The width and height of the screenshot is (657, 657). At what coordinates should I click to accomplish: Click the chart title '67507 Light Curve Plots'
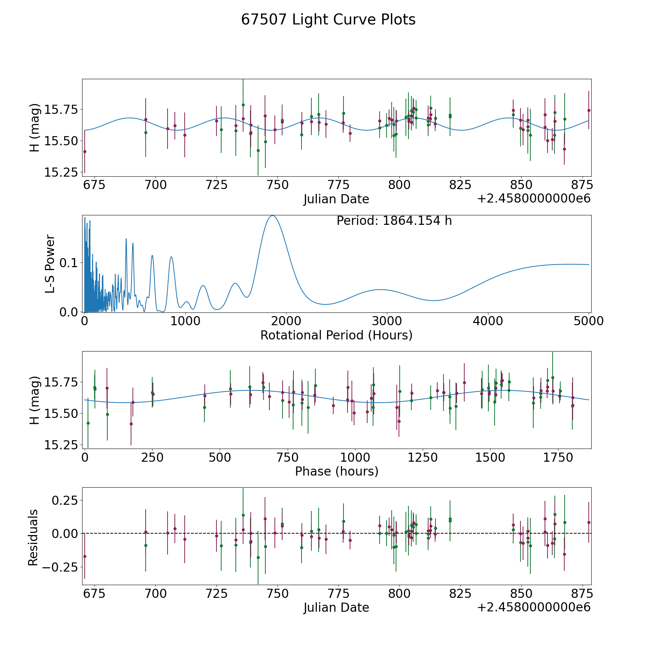pos(328,20)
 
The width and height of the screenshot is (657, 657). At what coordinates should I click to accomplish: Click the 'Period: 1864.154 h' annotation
pos(394,221)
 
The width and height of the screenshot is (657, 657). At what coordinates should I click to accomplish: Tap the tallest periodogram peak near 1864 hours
pos(272,216)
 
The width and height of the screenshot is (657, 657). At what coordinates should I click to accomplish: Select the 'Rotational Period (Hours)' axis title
pos(336,335)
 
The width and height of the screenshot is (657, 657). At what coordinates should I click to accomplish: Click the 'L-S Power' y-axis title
pos(50,264)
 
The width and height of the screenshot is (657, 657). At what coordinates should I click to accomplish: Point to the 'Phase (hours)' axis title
pos(337,471)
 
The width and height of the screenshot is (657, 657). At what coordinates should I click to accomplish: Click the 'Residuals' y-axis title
pos(33,537)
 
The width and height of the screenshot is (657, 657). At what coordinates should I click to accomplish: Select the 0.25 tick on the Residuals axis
pos(65,500)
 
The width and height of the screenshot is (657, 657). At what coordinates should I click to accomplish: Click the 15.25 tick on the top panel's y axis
pos(61,172)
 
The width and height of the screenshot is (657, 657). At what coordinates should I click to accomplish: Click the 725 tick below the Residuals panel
pos(216,593)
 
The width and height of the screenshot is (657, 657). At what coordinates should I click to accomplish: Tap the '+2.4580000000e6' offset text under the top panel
pos(534,199)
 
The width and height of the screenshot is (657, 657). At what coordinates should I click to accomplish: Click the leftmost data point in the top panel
pos(85,151)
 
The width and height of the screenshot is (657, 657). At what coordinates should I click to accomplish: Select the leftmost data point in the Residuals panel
pos(85,556)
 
